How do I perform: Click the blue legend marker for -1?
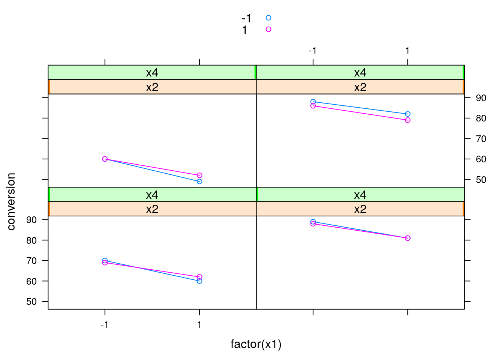point(268,18)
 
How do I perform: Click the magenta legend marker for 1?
point(268,29)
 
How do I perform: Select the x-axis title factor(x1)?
point(256,344)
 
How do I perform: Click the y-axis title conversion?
point(11,201)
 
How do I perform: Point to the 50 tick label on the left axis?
point(31,302)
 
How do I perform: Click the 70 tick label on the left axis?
point(31,261)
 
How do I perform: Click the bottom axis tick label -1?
point(104,324)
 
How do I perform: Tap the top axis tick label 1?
point(408,51)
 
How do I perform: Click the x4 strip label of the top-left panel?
point(152,72)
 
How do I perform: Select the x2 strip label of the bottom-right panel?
point(360,209)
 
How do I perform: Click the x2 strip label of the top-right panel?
point(360,87)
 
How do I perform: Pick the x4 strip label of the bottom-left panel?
point(152,195)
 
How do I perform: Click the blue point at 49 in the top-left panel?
point(199,181)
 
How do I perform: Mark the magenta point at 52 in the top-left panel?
point(199,175)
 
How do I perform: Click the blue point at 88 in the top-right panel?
point(313,102)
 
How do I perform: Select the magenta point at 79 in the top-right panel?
point(408,120)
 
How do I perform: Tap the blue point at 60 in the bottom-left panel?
point(199,281)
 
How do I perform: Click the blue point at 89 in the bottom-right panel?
point(313,222)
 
